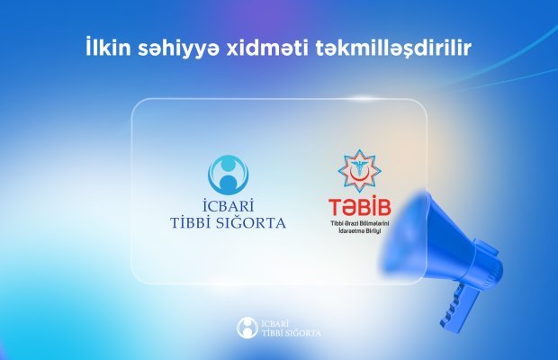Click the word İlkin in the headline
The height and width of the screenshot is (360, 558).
108,48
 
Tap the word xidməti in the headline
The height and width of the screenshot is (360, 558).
267,48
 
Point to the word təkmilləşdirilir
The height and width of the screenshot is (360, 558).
393,49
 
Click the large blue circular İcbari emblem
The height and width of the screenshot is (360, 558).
228,175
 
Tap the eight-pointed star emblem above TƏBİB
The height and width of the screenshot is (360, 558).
359,171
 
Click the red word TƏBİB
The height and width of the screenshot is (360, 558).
359,207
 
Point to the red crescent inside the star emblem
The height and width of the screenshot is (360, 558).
359,175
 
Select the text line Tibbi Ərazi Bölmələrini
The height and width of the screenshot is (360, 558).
360,224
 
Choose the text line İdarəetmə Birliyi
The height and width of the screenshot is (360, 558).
359,231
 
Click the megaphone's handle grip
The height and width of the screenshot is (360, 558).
456,308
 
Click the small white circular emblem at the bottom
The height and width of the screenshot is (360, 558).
247,328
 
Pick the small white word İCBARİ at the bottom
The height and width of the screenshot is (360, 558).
274,323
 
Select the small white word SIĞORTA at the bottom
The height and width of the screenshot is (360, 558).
301,333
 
